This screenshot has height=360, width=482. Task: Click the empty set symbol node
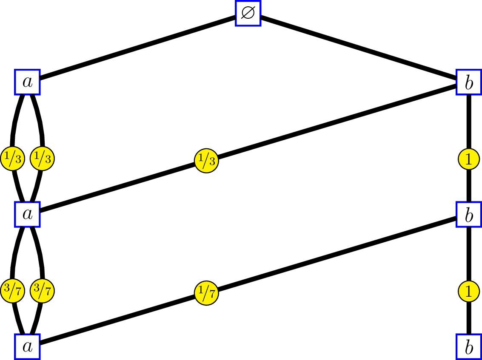pyautogui.click(x=248, y=13)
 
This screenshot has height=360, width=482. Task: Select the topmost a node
pyautogui.click(x=28, y=82)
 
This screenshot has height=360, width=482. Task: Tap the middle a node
pyautogui.click(x=28, y=214)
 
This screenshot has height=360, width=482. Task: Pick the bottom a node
pyautogui.click(x=28, y=346)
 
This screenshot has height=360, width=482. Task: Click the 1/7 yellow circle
pyautogui.click(x=206, y=293)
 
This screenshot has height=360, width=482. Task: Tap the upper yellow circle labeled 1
pyautogui.click(x=469, y=159)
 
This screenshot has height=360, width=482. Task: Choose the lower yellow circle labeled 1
pyautogui.click(x=469, y=291)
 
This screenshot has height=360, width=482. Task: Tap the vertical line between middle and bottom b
pyautogui.click(x=469, y=255)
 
